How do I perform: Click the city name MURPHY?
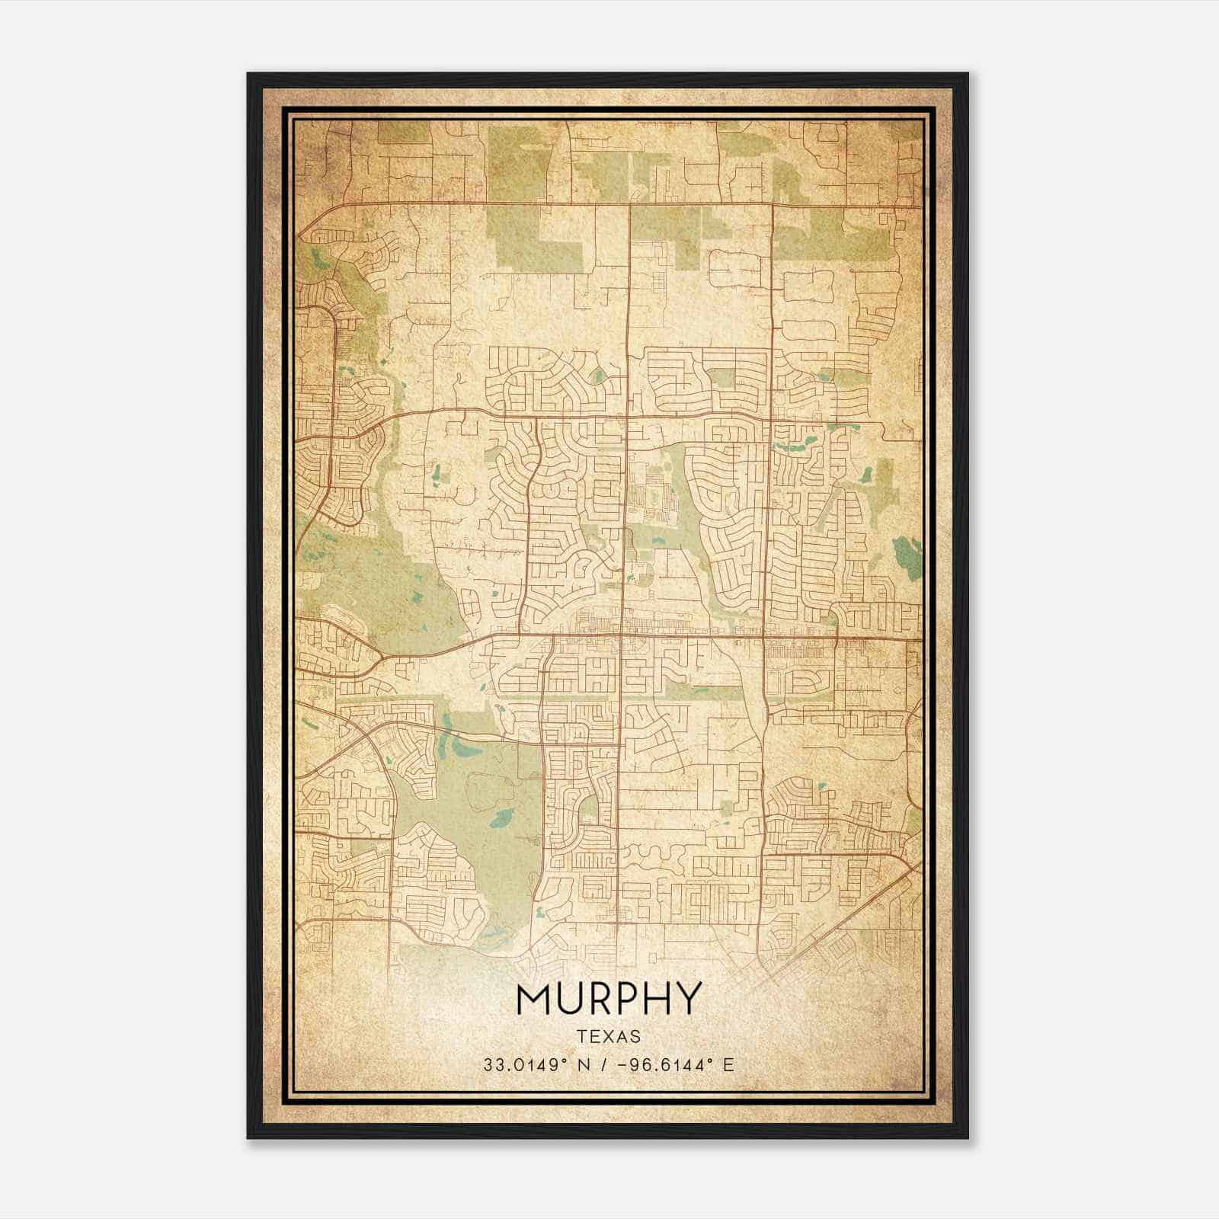tap(608, 998)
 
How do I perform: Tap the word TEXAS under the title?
tap(608, 1037)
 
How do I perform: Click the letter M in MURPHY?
tap(533, 998)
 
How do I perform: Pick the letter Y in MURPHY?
tap(687, 998)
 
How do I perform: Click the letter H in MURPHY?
tap(657, 998)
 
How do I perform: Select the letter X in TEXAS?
tap(609, 1037)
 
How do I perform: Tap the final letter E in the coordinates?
tap(729, 1065)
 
